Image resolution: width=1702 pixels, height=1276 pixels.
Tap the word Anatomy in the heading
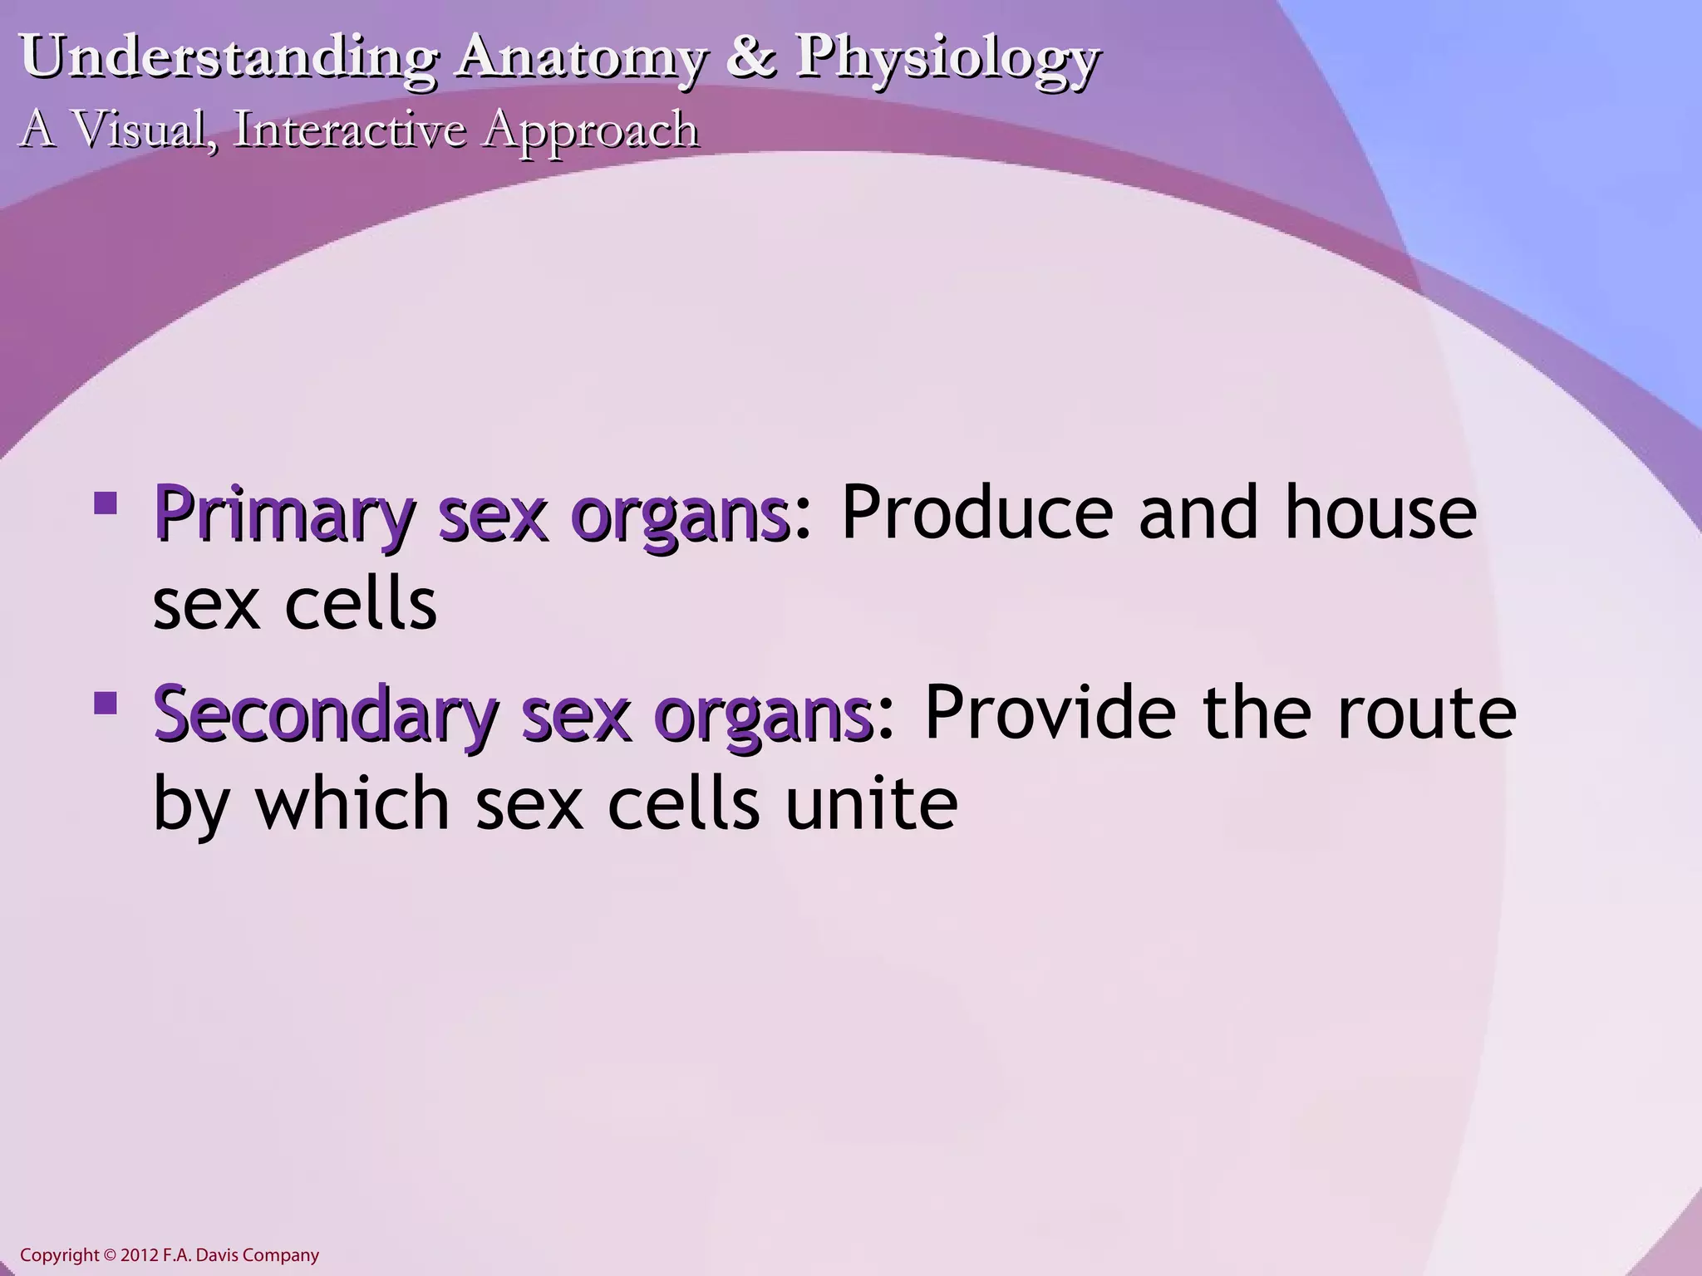[580, 58]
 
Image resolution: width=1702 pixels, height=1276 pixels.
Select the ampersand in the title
[750, 58]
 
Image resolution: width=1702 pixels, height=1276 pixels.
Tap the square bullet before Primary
[106, 503]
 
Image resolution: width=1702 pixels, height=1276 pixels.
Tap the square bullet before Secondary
[106, 703]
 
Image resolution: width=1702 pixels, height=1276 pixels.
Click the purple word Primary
[283, 517]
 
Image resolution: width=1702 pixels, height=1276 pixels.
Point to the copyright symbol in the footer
[111, 1255]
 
